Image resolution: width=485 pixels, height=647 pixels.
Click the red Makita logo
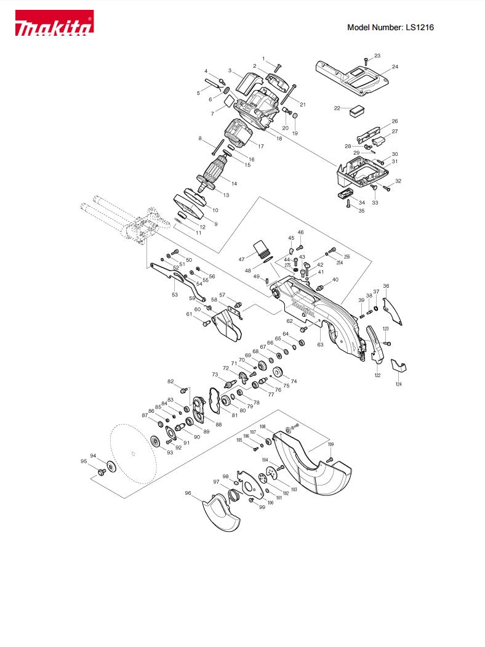[x=54, y=23]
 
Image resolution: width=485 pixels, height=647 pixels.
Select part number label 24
[x=395, y=67]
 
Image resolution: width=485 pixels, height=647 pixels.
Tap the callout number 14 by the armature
[x=234, y=184]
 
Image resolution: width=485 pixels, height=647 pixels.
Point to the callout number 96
[x=188, y=493]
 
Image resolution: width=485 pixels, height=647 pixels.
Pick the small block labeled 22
[x=357, y=110]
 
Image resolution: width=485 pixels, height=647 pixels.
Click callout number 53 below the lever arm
[x=175, y=295]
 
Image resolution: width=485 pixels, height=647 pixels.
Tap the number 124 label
[x=398, y=384]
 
